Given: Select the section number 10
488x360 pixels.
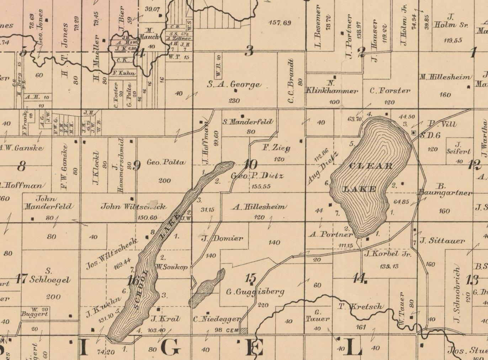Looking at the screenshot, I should tap(250, 164).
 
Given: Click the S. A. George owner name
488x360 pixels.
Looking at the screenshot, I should tap(234, 85).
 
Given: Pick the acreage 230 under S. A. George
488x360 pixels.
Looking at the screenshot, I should tap(234, 101).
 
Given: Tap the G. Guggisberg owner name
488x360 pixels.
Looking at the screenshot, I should tap(255, 292).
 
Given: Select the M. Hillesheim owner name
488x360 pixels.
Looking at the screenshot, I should tap(445, 77).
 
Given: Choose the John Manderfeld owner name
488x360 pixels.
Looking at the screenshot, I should tap(48, 202).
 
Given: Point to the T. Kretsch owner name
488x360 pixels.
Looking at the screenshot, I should tap(361, 307).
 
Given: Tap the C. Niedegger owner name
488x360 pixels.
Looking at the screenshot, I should tap(217, 319).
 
